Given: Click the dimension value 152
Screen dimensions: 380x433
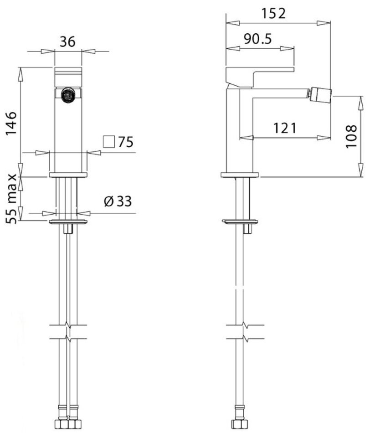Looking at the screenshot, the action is pyautogui.click(x=273, y=13).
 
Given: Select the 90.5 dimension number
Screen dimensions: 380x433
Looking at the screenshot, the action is pyautogui.click(x=258, y=39).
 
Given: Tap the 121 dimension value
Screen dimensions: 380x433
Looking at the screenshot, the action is pyautogui.click(x=285, y=128).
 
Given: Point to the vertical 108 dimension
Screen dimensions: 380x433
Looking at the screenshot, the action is pyautogui.click(x=351, y=136).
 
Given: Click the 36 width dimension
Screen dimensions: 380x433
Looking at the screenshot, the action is pyautogui.click(x=67, y=41).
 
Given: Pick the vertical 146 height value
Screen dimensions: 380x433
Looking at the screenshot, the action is pyautogui.click(x=11, y=124).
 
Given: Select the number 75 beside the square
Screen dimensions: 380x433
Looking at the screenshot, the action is pyautogui.click(x=126, y=142).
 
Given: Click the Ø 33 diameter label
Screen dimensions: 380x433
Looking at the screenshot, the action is pyautogui.click(x=118, y=201).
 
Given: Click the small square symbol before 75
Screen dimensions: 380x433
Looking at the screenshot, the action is pyautogui.click(x=109, y=142).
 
